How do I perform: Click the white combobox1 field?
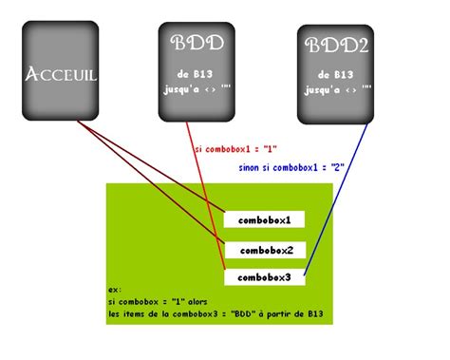click(264, 220)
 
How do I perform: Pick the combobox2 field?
click(264, 251)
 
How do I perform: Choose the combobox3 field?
click(264, 277)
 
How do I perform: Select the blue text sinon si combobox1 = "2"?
click(289, 168)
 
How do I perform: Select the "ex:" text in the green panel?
click(115, 289)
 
